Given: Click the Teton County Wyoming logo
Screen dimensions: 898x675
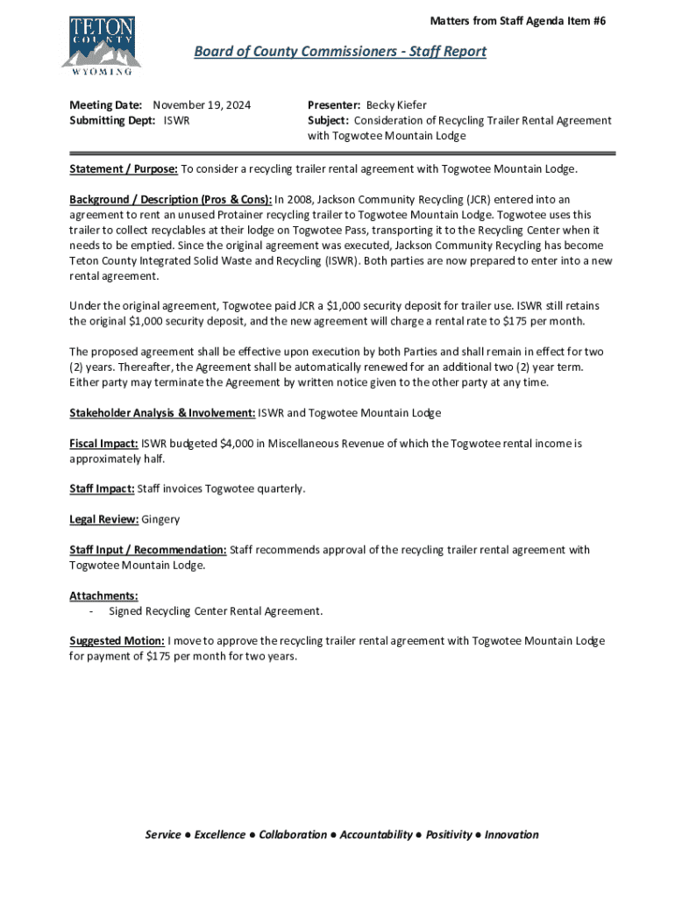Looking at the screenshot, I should [101, 44].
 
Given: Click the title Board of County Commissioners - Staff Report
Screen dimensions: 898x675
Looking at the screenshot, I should [339, 52].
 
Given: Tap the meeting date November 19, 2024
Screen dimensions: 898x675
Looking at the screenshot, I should [202, 105].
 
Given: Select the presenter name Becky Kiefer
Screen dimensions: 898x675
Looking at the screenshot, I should [396, 105].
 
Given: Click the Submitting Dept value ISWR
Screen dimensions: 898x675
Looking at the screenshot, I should [177, 120].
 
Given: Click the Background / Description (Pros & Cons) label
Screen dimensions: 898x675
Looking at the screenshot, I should [171, 200].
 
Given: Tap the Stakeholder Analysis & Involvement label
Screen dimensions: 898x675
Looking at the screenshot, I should [162, 413].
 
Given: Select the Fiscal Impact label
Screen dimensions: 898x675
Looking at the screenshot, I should [103, 444].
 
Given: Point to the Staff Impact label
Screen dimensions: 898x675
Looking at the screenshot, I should [102, 488].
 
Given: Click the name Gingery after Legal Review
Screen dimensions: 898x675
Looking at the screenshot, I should [160, 519].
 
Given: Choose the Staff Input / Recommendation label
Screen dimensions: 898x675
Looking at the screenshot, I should [148, 550].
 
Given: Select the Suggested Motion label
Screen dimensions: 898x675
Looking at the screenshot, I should [117, 641].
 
